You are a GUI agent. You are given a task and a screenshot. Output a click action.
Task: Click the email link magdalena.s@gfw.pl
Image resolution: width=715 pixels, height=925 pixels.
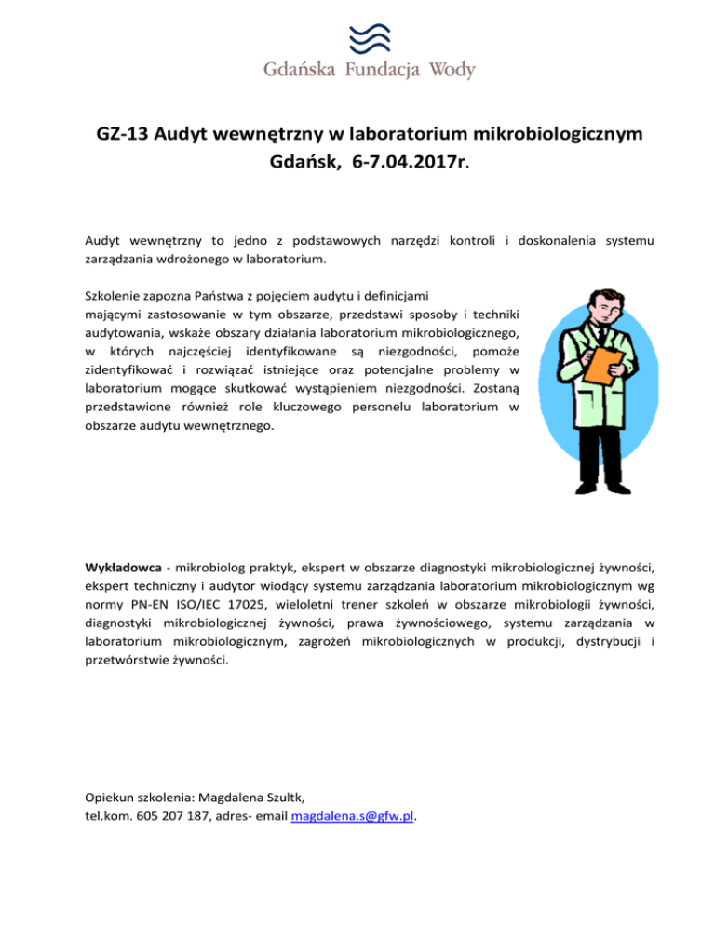pos(354,817)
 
